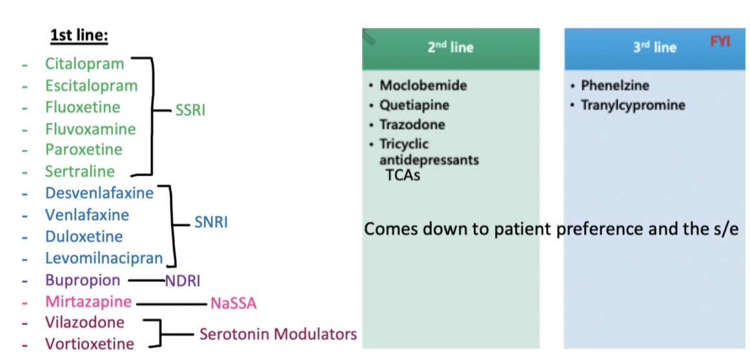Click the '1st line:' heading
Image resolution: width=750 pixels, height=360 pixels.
[x=79, y=35]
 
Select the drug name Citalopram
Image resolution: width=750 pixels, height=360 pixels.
[x=84, y=64]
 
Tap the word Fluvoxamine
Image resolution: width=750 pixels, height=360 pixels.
[x=90, y=129]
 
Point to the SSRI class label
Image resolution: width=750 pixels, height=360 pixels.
[x=190, y=110]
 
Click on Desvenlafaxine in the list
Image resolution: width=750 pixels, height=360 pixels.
[x=99, y=193]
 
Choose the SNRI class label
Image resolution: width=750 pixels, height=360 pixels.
[x=210, y=223]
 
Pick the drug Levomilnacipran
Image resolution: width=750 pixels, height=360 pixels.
[x=104, y=259]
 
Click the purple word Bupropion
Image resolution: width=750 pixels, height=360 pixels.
[x=83, y=281]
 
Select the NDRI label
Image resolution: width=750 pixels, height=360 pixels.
[x=183, y=281]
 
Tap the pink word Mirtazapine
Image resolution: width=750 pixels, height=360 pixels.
[x=88, y=301]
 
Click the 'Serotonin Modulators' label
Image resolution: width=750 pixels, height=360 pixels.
[x=278, y=334]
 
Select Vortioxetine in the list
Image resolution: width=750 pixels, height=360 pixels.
[x=90, y=344]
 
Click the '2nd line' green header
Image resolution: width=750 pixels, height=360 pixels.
[x=451, y=48]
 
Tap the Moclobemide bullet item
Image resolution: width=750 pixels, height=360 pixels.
[x=423, y=85]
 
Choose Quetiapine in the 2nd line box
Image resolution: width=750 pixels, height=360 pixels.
[x=414, y=105]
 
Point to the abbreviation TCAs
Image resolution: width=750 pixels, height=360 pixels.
[x=403, y=175]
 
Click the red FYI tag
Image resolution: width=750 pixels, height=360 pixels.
[x=720, y=42]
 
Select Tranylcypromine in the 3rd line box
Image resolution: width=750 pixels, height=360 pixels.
[x=633, y=105]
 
